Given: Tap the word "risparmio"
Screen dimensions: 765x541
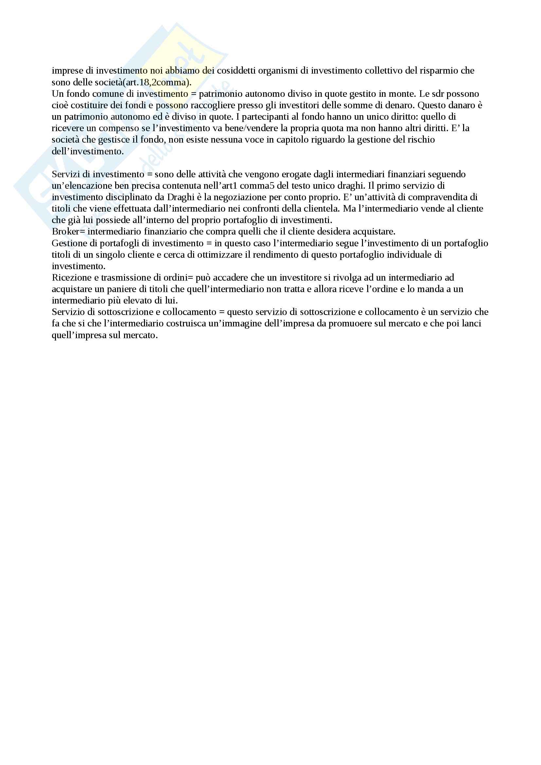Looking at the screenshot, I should [x=437, y=71].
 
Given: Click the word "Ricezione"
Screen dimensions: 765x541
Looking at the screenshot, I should [x=72, y=278].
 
